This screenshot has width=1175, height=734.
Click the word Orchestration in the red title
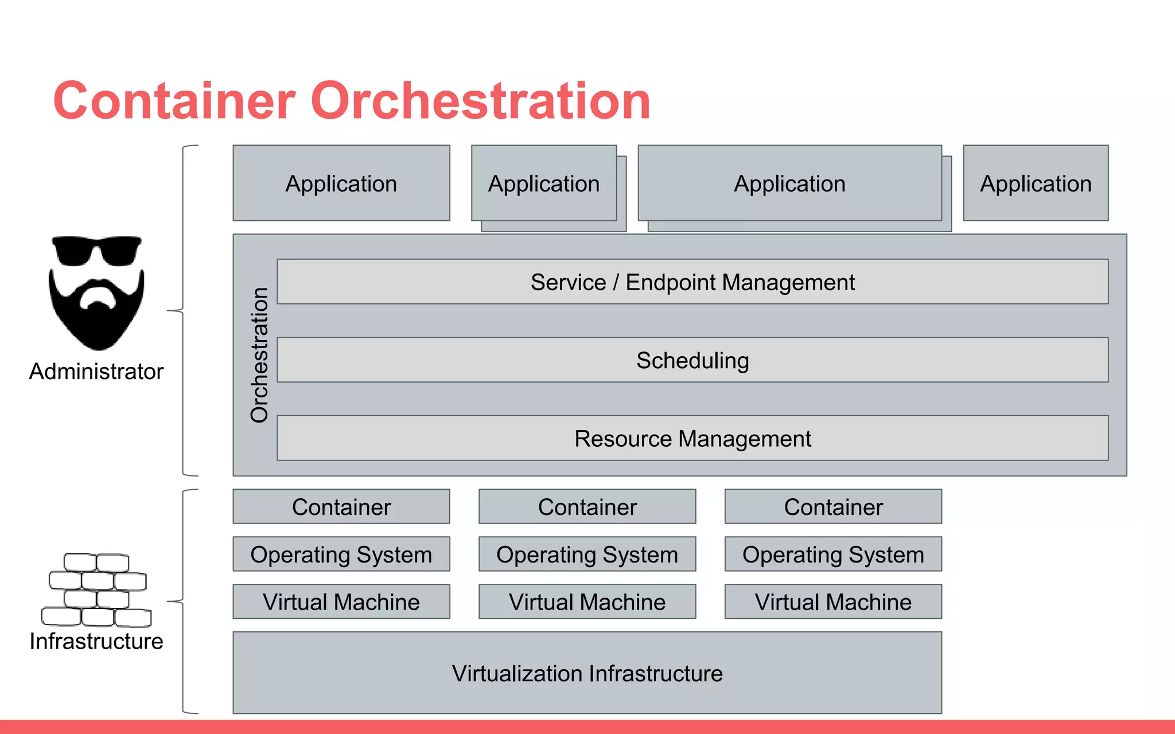click(x=481, y=101)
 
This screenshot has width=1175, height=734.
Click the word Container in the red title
click(x=174, y=101)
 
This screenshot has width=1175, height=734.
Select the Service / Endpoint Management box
click(x=692, y=282)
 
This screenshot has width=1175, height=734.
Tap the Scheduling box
click(x=692, y=360)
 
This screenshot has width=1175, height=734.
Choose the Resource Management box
click(x=692, y=438)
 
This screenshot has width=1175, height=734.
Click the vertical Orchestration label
click(x=259, y=355)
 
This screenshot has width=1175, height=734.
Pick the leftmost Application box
click(x=341, y=183)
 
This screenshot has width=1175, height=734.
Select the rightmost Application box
click(x=1036, y=183)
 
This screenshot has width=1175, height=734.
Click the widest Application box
click(x=789, y=183)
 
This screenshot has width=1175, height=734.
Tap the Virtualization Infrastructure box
click(x=587, y=673)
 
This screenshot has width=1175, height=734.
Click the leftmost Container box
click(x=341, y=506)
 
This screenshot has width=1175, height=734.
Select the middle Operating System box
click(x=587, y=554)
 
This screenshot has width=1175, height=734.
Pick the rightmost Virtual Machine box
click(x=833, y=602)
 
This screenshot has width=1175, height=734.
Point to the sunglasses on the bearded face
click(x=96, y=250)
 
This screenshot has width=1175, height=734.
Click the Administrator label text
click(x=96, y=372)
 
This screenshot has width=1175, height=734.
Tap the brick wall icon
click(x=96, y=589)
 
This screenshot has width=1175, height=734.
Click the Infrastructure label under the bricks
click(x=96, y=641)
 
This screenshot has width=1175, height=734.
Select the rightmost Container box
click(x=833, y=506)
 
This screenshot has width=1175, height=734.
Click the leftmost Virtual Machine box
click(x=341, y=602)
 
